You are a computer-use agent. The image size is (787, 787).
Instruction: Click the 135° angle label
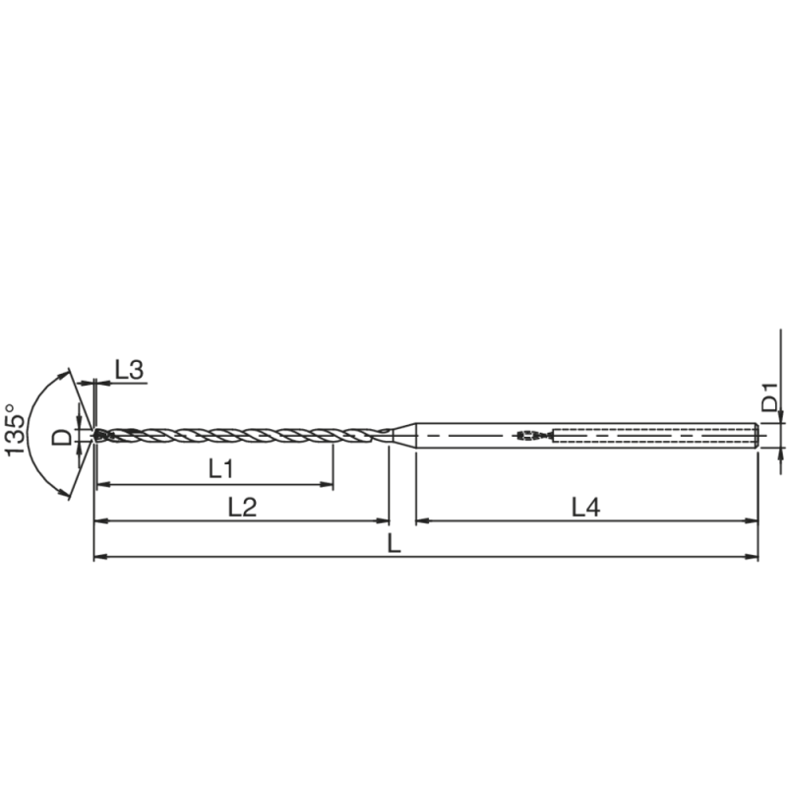coord(14,429)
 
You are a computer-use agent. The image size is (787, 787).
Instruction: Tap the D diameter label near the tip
coord(61,435)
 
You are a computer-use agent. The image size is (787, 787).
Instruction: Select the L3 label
coord(129,370)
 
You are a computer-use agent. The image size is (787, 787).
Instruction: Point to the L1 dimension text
coord(221,469)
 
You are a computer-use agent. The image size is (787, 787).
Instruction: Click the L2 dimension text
coord(242,507)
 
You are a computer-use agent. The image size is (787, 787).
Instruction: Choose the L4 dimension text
coord(586,507)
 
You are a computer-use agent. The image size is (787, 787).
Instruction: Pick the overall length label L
coord(393,544)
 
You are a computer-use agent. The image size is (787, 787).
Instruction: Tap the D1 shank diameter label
coord(771,399)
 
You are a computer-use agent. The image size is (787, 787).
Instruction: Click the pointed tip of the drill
coord(96,434)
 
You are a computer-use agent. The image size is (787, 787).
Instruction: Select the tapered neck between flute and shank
coord(403,434)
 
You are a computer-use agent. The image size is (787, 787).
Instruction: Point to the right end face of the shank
coord(757,434)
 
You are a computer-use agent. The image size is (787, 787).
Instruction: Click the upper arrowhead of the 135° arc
coord(68,375)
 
